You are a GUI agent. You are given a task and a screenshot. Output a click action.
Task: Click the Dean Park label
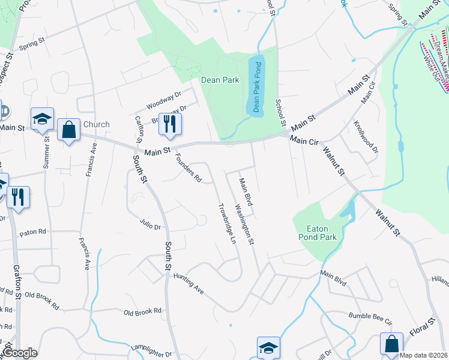point(220,80)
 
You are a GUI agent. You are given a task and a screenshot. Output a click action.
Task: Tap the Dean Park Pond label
point(256,87)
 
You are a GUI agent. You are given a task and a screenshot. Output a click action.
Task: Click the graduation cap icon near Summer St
point(42,119)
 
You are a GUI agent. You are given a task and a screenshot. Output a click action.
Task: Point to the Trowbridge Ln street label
point(226,222)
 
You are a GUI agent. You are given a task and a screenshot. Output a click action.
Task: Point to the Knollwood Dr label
point(366,137)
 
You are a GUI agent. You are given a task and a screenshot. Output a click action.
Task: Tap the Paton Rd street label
point(32,232)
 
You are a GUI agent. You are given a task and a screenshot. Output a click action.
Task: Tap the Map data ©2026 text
point(423,355)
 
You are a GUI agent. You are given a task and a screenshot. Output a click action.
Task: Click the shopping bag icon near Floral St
point(391,344)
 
